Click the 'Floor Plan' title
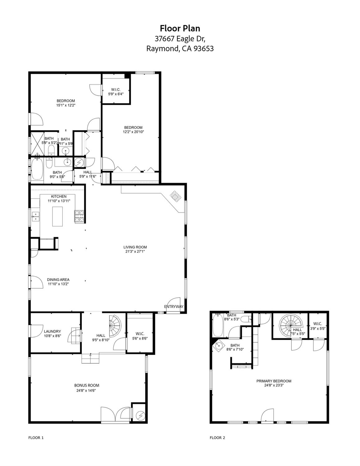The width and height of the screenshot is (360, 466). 180,28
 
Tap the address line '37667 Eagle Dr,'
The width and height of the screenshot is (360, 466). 180,39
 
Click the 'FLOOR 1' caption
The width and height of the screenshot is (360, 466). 36,438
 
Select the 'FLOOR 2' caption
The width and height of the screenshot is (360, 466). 217,438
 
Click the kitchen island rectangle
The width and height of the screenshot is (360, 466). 57,216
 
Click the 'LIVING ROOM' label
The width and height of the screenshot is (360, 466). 135,247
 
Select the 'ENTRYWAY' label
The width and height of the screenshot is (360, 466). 174,307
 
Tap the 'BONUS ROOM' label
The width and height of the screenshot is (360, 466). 87,385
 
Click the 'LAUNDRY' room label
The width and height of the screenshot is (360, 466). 52,331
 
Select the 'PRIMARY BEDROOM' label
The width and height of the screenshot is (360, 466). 274,381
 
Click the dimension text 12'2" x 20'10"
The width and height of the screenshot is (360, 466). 133,132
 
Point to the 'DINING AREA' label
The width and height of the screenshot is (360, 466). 58,279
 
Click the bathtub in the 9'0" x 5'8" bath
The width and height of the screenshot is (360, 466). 37,170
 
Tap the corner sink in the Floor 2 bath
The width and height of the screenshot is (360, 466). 219,345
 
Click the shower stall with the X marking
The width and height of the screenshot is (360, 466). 36,143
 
